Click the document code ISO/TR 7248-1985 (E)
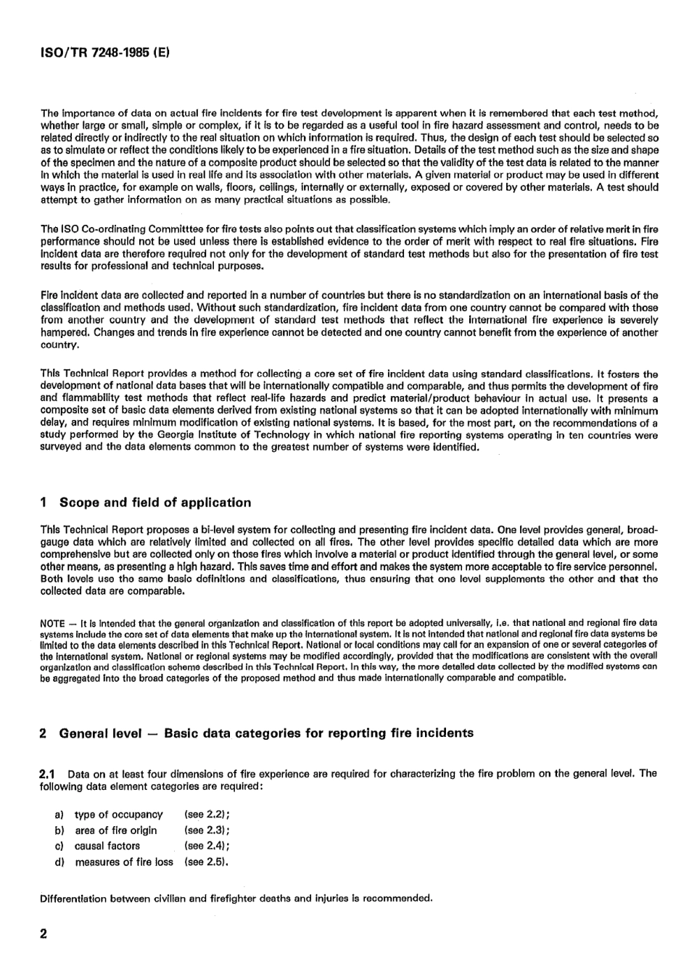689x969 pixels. (105, 53)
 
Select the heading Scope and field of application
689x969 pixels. (155, 503)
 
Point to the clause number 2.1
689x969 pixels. (48, 773)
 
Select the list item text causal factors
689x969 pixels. (107, 846)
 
